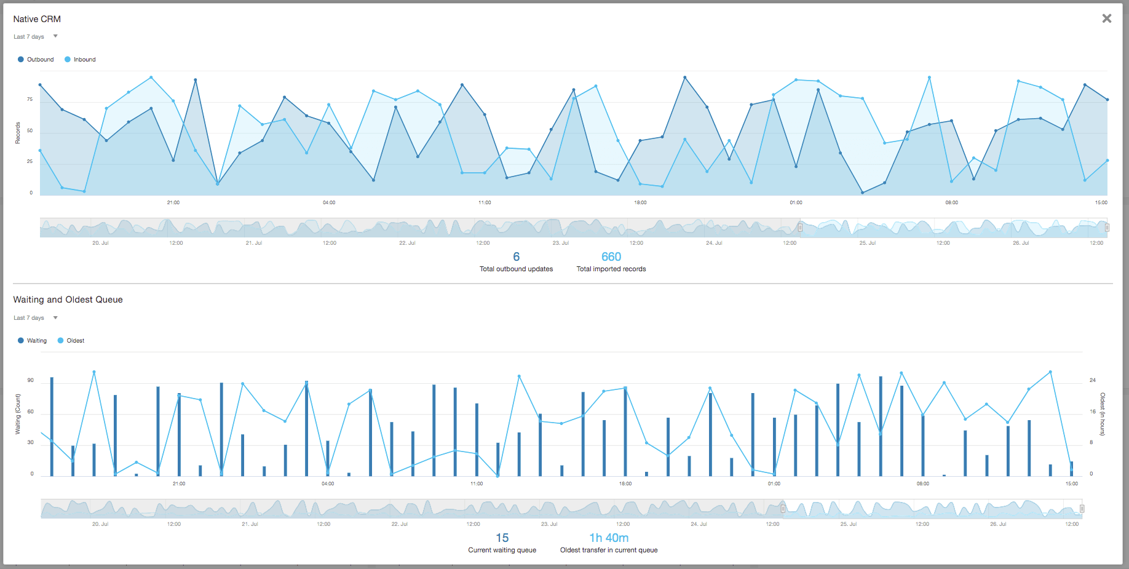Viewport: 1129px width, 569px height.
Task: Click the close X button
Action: [1106, 18]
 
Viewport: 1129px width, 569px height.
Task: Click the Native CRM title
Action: [37, 19]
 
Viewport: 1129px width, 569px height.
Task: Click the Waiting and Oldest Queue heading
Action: [68, 300]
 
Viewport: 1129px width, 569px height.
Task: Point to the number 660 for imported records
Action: [611, 257]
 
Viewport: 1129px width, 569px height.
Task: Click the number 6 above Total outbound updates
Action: [516, 257]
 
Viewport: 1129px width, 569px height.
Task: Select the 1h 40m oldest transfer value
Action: [609, 538]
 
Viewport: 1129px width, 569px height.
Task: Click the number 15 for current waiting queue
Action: [502, 538]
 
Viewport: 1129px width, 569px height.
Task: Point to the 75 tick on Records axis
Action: [30, 100]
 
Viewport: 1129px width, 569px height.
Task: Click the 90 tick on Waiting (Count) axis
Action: [31, 381]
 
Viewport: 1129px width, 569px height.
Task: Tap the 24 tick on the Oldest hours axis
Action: [1092, 381]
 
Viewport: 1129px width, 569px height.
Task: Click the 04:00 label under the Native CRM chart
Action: [329, 202]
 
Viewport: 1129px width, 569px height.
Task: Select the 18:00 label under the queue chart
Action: [625, 483]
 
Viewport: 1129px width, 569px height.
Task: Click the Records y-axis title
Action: [18, 133]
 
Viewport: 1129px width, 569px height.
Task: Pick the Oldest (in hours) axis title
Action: [1103, 414]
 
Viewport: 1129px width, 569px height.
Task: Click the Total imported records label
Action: [611, 269]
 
